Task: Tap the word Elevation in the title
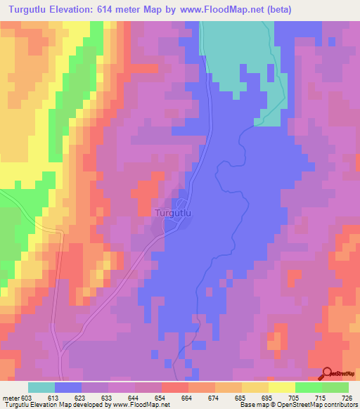75,11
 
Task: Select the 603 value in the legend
27,398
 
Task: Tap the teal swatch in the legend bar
41,387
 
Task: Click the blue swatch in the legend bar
68,387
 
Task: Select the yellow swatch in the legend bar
281,387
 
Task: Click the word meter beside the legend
11,398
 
